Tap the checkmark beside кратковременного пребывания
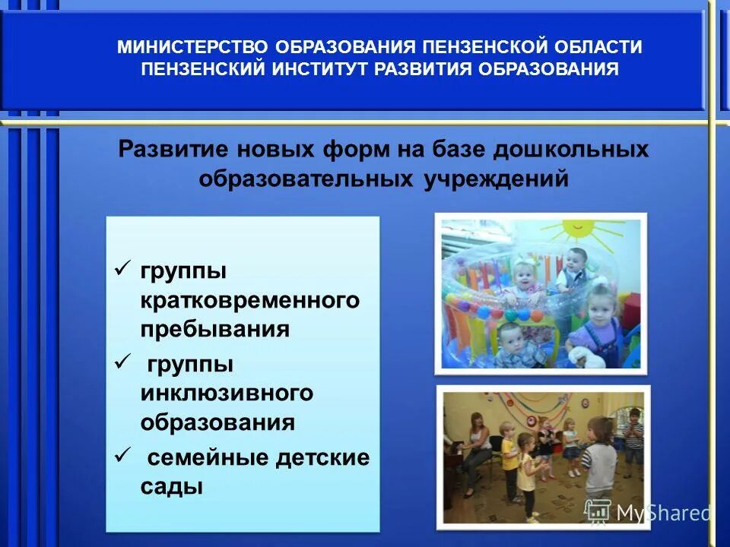point(121,269)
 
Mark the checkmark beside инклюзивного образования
point(121,363)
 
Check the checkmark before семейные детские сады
point(121,456)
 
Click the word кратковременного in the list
point(249,300)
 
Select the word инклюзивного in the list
point(227,393)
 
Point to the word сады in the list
point(171,486)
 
